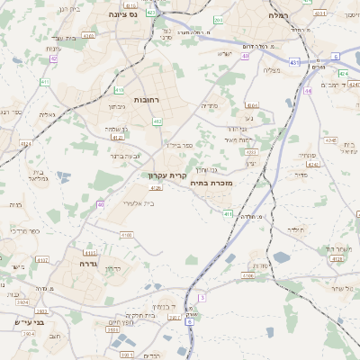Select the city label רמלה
pyautogui.click(x=279, y=16)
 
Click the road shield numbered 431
pyautogui.click(x=294, y=62)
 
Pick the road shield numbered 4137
pyautogui.click(x=42, y=260)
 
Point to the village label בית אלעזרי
pyautogui.click(x=137, y=203)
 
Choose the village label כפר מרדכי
pyautogui.click(x=24, y=231)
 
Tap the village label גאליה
pyautogui.click(x=49, y=114)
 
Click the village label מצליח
pyautogui.click(x=271, y=70)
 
